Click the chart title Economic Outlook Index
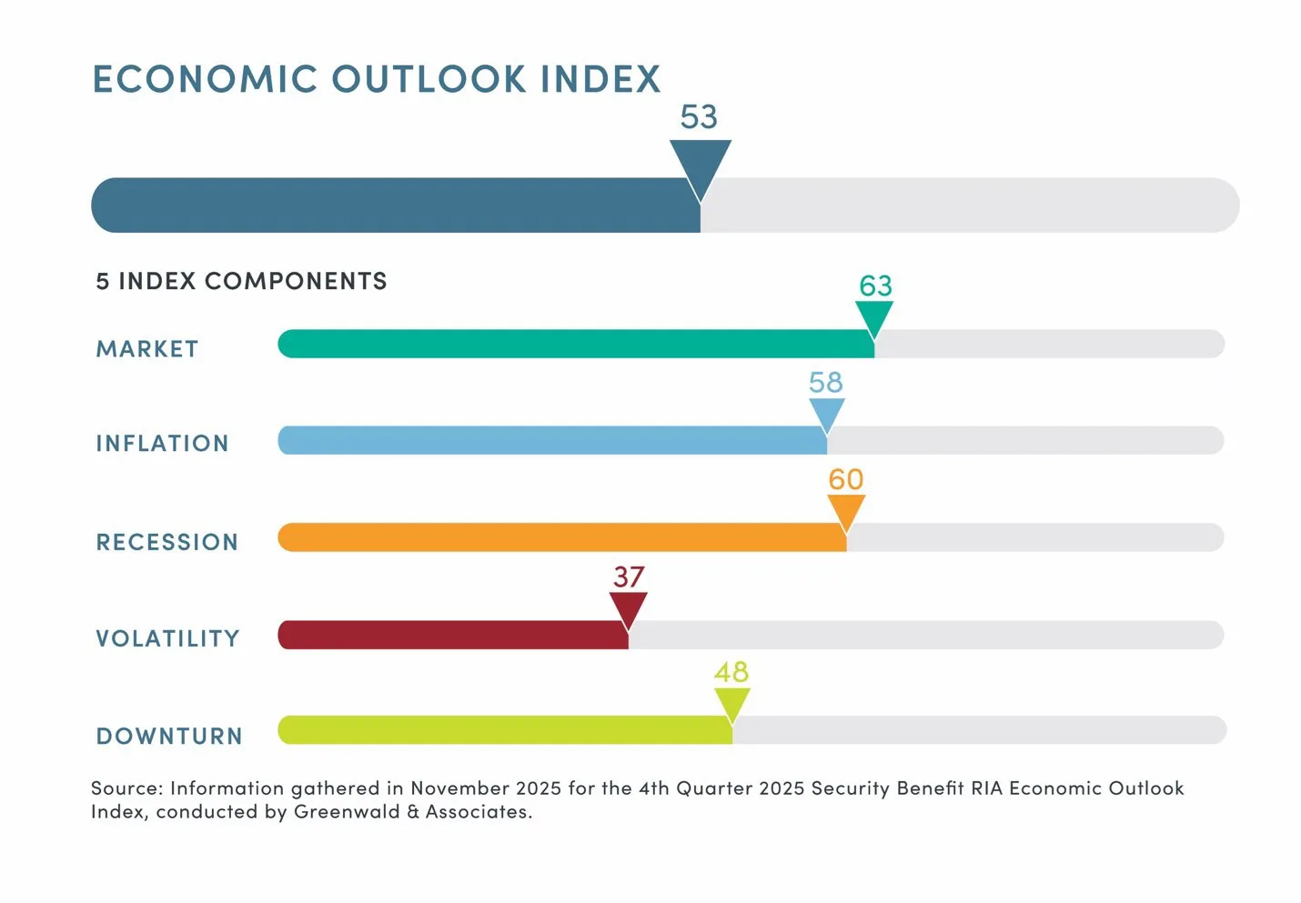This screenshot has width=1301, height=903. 376,79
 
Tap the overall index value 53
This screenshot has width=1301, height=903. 699,117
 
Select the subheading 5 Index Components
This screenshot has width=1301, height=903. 241,281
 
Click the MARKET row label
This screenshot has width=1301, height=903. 146,349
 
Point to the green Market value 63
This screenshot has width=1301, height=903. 875,286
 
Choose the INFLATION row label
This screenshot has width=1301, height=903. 162,444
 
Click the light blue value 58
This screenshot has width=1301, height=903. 826,382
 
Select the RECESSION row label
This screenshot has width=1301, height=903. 166,542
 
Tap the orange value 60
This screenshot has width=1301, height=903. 845,479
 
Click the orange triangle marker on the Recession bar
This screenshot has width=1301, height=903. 846,510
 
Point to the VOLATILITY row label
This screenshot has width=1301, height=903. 167,638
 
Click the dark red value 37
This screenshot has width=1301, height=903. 629,577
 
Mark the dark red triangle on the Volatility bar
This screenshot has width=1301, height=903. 628,607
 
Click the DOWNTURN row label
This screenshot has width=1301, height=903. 169,736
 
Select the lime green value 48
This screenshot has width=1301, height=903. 731,672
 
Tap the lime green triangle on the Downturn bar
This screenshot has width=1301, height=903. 731,703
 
